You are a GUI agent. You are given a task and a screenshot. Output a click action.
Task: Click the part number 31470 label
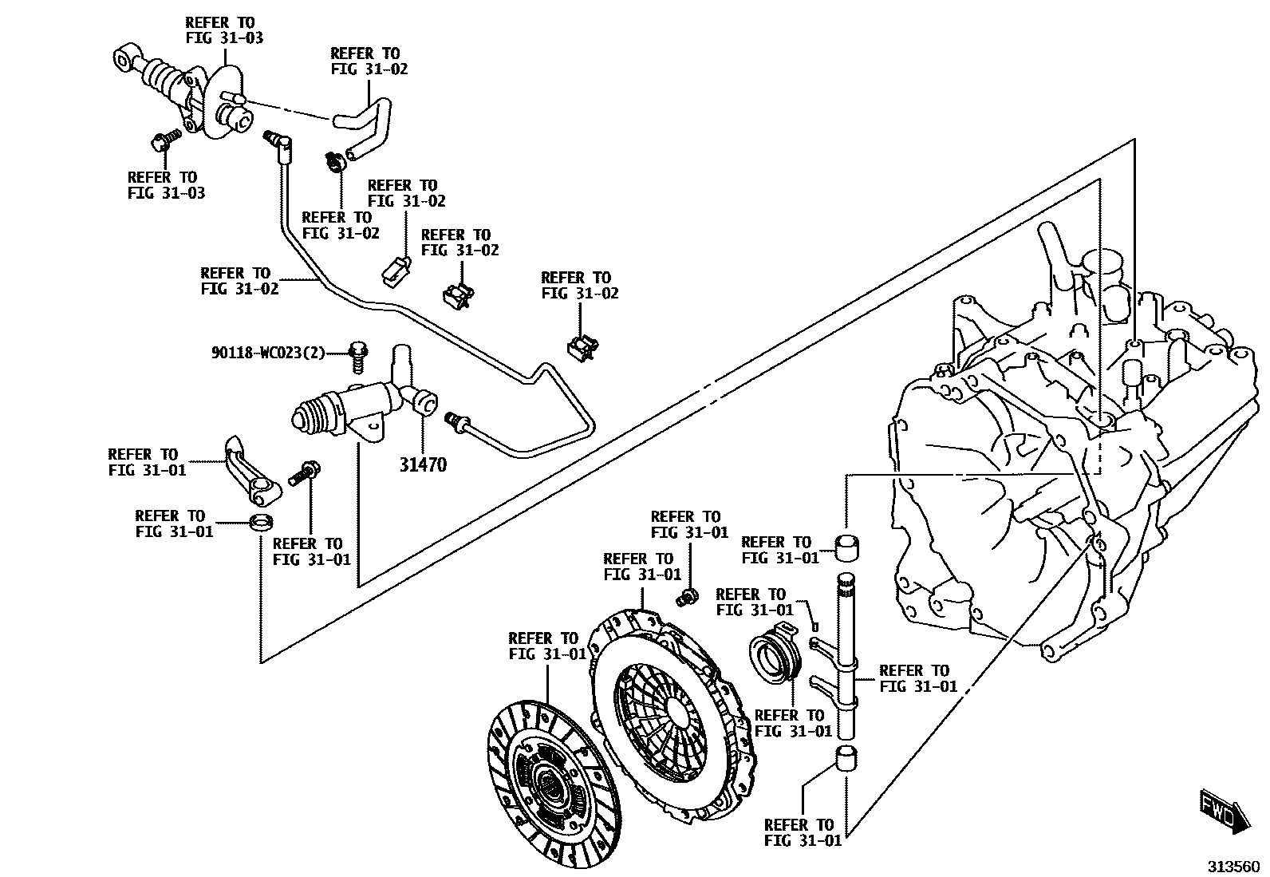423,464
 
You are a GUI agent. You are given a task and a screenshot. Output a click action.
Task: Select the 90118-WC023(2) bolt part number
268,352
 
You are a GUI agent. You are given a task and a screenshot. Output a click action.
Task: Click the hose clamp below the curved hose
335,162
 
